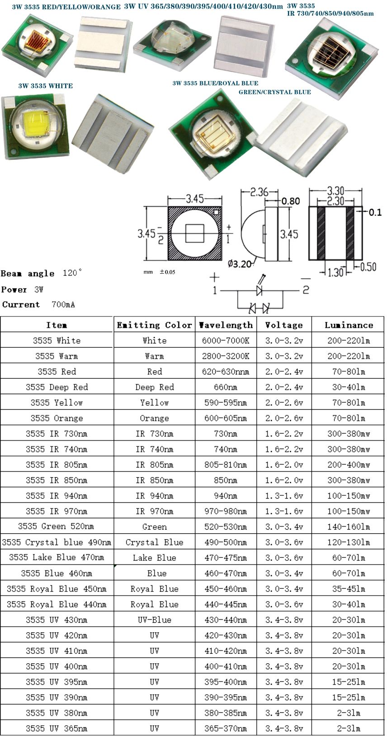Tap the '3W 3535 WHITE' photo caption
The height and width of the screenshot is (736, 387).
(x=45, y=86)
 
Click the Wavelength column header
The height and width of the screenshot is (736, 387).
(x=226, y=325)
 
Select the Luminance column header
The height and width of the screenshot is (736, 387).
(x=349, y=325)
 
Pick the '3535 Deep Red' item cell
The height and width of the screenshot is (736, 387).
(x=57, y=387)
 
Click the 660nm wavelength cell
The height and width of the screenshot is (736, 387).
(x=226, y=387)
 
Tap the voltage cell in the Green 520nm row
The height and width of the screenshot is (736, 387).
(x=284, y=526)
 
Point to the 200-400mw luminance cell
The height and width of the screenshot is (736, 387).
(x=349, y=465)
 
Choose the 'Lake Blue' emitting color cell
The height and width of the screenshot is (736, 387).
(x=154, y=558)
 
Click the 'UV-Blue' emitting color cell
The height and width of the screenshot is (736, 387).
(x=154, y=620)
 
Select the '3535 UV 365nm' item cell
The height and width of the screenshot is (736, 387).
(x=57, y=728)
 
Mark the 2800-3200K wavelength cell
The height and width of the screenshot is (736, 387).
(x=226, y=356)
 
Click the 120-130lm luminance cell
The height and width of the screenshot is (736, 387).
(x=349, y=542)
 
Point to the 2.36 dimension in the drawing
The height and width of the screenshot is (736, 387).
(x=259, y=192)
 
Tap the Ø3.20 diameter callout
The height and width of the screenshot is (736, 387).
(x=239, y=264)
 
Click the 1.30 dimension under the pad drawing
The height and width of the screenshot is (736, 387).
(x=335, y=272)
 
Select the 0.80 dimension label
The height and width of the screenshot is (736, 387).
(x=291, y=201)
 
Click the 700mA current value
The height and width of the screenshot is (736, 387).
(x=63, y=305)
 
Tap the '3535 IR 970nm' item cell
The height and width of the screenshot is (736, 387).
(x=57, y=511)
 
